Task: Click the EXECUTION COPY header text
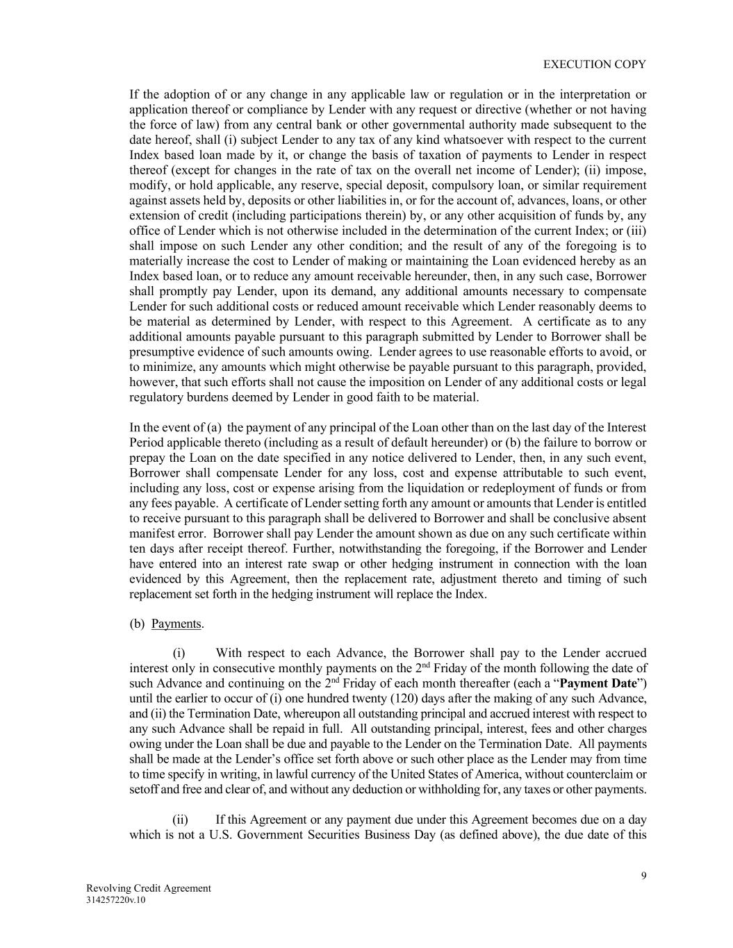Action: [x=594, y=64]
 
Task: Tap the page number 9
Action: [x=643, y=875]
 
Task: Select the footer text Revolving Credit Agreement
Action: [x=148, y=888]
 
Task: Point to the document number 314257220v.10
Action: [x=116, y=900]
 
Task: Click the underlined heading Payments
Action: [x=176, y=624]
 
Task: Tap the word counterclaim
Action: [x=602, y=774]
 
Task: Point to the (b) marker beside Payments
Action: [x=137, y=624]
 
